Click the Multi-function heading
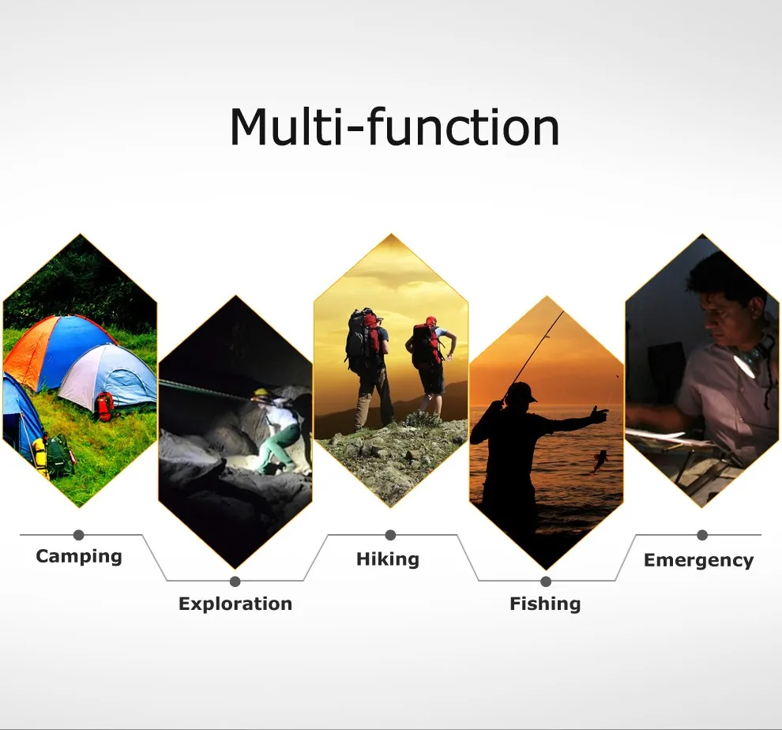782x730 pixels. click(x=394, y=126)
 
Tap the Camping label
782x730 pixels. click(x=79, y=556)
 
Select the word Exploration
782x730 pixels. click(x=235, y=604)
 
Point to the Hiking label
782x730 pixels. click(x=388, y=559)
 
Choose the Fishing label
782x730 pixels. click(x=545, y=604)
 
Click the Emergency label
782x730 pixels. click(x=699, y=560)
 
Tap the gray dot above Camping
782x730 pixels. click(x=79, y=535)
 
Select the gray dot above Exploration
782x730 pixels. click(x=235, y=581)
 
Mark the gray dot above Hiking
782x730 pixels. click(x=390, y=535)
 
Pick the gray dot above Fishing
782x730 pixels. click(x=546, y=581)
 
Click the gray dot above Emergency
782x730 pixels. click(x=702, y=535)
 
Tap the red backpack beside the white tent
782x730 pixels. click(x=105, y=406)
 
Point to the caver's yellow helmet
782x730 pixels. click(x=261, y=393)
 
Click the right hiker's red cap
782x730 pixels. click(x=431, y=321)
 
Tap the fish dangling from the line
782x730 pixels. click(x=599, y=461)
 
